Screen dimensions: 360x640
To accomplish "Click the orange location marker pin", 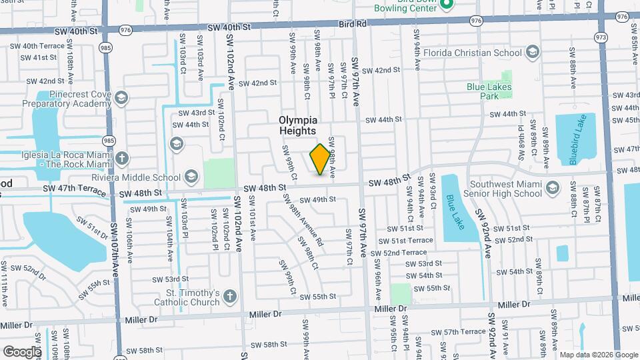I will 321,159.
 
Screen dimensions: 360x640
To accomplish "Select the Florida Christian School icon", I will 532,52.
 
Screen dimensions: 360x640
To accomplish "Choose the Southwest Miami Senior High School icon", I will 551,189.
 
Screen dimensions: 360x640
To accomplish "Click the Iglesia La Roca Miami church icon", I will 121,159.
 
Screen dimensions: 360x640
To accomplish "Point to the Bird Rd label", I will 353,23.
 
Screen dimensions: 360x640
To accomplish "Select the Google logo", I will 22,351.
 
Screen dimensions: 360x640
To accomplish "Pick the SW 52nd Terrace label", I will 399,253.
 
